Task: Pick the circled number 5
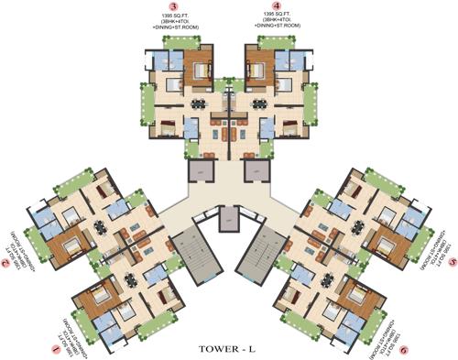point(451,260)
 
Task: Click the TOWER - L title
point(228,346)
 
